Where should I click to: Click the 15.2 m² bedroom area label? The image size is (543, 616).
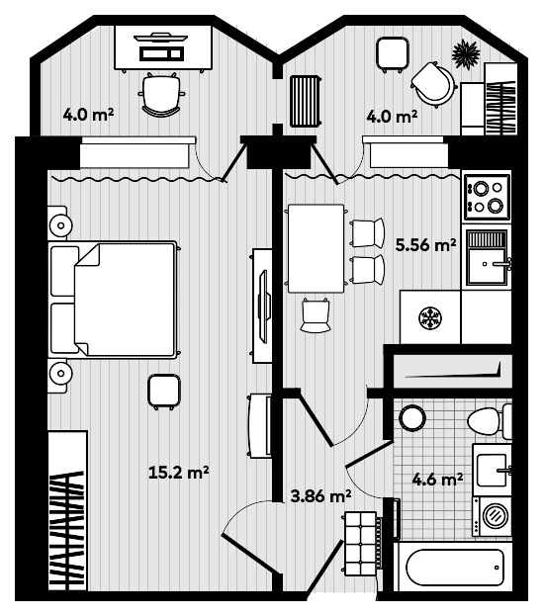pyautogui.click(x=179, y=473)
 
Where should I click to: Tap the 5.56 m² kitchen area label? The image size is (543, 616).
pyautogui.click(x=425, y=245)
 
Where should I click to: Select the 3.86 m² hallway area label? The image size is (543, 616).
pyautogui.click(x=320, y=495)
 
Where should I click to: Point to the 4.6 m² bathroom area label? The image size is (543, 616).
pyautogui.click(x=437, y=480)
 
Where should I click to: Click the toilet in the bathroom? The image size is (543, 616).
pyautogui.click(x=490, y=421)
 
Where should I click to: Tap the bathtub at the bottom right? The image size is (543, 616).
pyautogui.click(x=454, y=568)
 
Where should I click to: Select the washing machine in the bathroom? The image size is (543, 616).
pyautogui.click(x=493, y=516)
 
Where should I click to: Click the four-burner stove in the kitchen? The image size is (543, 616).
pyautogui.click(x=487, y=197)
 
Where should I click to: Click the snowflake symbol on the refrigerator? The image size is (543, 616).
pyautogui.click(x=430, y=317)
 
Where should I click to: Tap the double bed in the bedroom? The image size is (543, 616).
pyautogui.click(x=113, y=300)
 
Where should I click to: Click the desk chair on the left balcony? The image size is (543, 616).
pyautogui.click(x=161, y=94)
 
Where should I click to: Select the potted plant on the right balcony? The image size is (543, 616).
pyautogui.click(x=466, y=54)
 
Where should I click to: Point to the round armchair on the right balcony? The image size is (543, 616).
pyautogui.click(x=433, y=84)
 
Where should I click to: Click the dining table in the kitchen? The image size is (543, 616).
pyautogui.click(x=316, y=248)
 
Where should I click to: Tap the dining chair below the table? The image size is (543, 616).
pyautogui.click(x=316, y=315)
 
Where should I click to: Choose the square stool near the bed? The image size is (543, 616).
pyautogui.click(x=164, y=392)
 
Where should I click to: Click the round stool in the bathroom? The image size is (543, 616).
pyautogui.click(x=412, y=419)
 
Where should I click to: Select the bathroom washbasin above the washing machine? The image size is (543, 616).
pyautogui.click(x=493, y=470)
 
